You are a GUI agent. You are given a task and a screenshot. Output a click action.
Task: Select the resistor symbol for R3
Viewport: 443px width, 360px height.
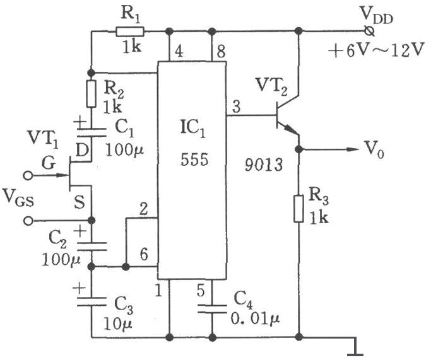300,209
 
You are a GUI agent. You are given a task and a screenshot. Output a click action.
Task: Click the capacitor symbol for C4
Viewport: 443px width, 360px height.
212,308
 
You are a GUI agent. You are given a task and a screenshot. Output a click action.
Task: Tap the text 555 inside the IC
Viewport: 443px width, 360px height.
192,160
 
